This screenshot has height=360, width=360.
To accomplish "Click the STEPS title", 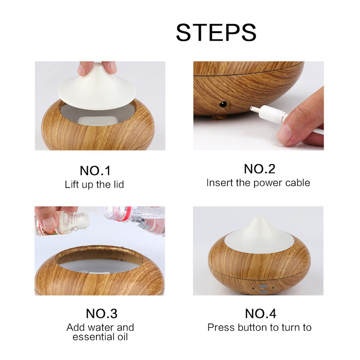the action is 216,32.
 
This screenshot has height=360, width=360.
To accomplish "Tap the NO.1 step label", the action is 95,171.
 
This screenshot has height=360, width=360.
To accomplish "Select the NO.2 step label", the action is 259,169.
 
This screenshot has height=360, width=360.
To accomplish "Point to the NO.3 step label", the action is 101,314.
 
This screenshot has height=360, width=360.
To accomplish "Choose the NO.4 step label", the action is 260,314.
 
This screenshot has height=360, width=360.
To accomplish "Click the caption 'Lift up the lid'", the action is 94,184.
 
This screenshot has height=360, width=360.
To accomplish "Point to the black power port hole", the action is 222,104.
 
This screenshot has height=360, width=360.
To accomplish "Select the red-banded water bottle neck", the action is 123,214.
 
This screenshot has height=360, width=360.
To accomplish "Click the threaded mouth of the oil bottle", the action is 82,221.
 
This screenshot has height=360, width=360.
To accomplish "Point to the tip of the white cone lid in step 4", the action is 258,217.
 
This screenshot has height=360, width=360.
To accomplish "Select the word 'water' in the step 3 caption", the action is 100,327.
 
